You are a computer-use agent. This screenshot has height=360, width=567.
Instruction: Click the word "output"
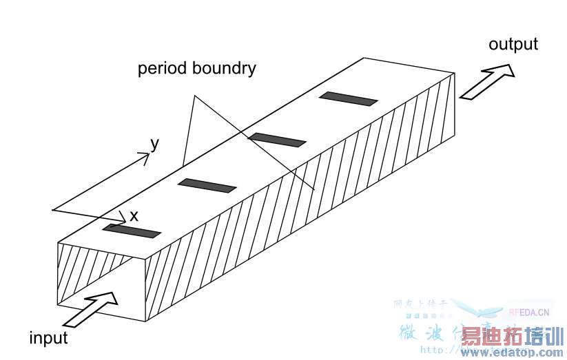pyautogui.click(x=513, y=45)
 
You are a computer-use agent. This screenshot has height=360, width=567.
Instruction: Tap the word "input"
pyautogui.click(x=48, y=338)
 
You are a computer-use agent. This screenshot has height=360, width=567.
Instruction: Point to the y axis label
pyautogui.click(x=155, y=143)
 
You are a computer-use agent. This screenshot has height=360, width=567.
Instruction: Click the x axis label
pyautogui.click(x=134, y=215)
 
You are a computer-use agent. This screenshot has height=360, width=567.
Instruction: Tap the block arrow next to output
pyautogui.click(x=488, y=81)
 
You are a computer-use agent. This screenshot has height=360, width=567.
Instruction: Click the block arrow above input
pyautogui.click(x=93, y=310)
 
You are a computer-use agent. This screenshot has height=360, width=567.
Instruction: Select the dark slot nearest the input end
pyautogui.click(x=132, y=231)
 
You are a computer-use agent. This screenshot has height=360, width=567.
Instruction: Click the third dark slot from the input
pyautogui.click(x=277, y=140)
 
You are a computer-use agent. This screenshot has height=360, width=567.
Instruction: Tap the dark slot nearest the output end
pyautogui.click(x=348, y=99)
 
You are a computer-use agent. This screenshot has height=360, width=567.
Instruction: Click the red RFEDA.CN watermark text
pyautogui.click(x=529, y=311)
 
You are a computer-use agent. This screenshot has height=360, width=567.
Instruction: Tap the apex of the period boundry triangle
pyautogui.click(x=194, y=97)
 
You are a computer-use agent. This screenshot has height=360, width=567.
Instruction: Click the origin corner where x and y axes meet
pyautogui.click(x=54, y=209)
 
